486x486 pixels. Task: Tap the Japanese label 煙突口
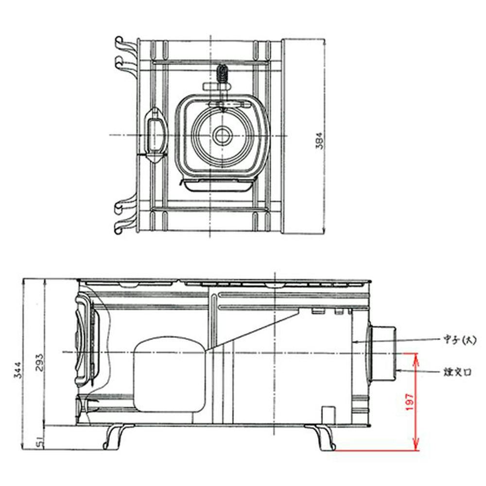pyautogui.click(x=457, y=373)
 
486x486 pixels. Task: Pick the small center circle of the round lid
pyautogui.click(x=222, y=136)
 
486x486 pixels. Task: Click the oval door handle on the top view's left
pyautogui.click(x=155, y=135)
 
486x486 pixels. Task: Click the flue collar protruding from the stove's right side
pyautogui.click(x=383, y=352)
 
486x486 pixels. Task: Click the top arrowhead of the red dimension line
pyautogui.click(x=416, y=358)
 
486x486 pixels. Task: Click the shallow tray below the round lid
pyautogui.click(x=217, y=184)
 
